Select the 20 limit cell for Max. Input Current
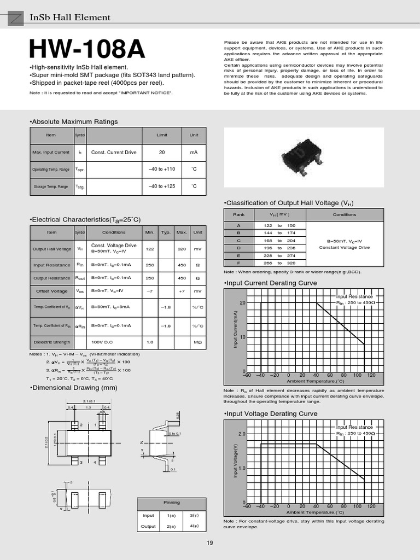pos(162,153)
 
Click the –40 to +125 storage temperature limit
pos(162,186)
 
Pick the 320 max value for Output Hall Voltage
pos(182,249)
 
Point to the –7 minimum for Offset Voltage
pos(150,291)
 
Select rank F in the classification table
pos(238,263)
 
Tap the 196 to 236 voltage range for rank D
pos(279,248)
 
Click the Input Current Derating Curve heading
pos(271,283)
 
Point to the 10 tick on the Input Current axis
pos(242,337)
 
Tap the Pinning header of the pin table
pos(172,502)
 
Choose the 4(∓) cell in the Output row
pos(194,526)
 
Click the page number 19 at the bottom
pos(210,542)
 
